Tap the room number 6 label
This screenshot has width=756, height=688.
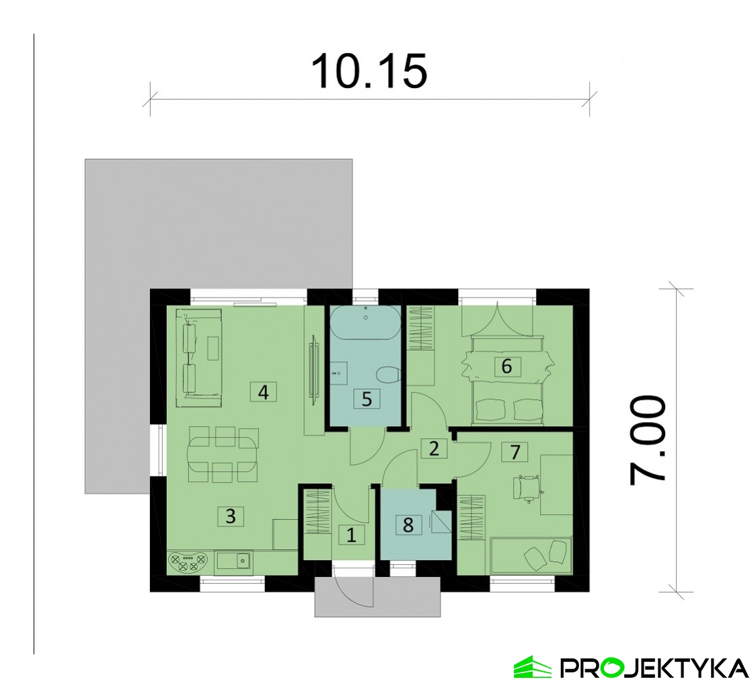506,366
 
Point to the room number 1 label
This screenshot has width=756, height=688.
351,535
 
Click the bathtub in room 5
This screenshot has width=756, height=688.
365,322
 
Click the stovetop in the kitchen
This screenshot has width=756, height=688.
188,561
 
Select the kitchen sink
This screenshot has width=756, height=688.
233,561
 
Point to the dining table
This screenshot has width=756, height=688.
223,454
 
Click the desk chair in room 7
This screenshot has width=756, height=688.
527,488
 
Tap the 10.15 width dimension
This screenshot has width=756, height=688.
370,72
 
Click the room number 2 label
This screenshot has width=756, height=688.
434,448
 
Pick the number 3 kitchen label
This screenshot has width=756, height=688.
231,516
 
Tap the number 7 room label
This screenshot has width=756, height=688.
515,452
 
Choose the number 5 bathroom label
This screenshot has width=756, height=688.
367,399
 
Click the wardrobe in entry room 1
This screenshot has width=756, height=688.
317,512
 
